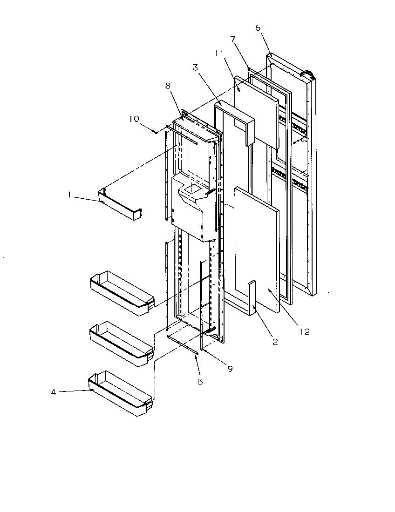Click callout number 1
(69, 196)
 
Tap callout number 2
(275, 342)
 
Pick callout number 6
(258, 27)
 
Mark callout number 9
(230, 369)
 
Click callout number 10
(135, 119)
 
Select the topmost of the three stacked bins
(120, 293)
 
